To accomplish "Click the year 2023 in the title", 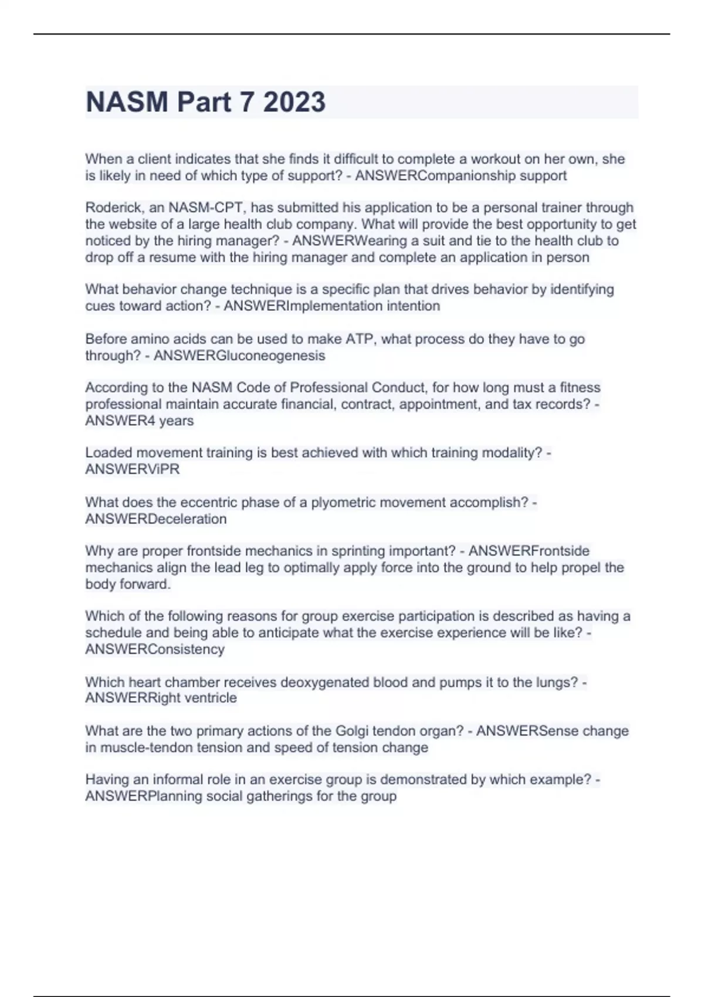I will [294, 102].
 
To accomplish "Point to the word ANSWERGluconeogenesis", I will [239, 355].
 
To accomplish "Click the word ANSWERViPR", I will [133, 469].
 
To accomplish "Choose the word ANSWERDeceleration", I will [155, 518].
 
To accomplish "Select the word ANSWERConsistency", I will [155, 649].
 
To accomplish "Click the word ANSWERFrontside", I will [529, 551].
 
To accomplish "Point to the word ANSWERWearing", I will [350, 240].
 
